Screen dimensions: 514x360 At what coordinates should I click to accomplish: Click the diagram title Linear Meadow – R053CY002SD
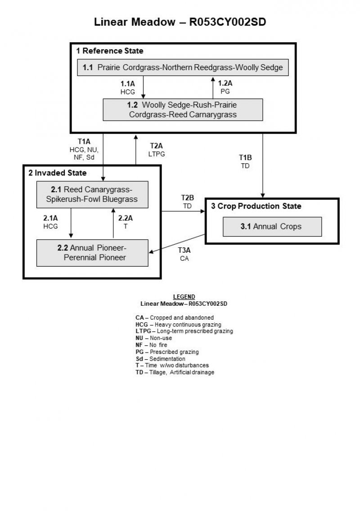(180, 22)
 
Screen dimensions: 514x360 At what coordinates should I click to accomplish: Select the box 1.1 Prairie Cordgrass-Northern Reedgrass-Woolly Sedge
(183, 67)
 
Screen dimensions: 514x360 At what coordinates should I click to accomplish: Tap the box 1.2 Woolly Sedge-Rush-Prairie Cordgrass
(183, 110)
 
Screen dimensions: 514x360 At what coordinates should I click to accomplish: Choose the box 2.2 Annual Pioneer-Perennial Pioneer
(92, 253)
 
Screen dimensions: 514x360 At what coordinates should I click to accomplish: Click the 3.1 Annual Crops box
(272, 227)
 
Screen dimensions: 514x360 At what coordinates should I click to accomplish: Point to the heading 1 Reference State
(110, 51)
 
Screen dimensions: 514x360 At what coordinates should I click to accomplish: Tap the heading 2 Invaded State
(58, 173)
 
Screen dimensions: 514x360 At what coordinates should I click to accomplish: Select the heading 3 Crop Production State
(256, 206)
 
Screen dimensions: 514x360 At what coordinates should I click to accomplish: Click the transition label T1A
(84, 141)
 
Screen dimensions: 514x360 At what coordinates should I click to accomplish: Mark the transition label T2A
(156, 146)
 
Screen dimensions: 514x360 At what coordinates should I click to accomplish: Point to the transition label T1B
(245, 158)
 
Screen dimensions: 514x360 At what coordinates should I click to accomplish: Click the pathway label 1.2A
(225, 83)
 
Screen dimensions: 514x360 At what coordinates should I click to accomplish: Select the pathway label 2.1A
(50, 218)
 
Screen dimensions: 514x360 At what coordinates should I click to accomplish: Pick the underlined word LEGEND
(184, 297)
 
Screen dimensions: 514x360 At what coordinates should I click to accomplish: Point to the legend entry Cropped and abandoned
(175, 317)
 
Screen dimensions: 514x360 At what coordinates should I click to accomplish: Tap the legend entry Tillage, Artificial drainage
(175, 373)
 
